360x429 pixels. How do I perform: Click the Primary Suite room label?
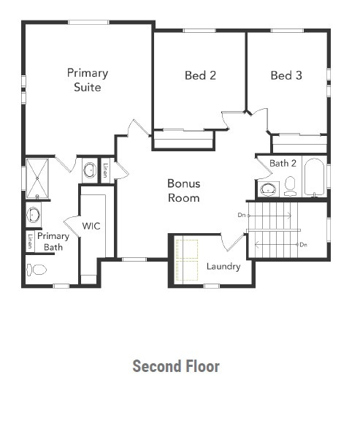[88, 80]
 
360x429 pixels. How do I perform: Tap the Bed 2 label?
[200, 75]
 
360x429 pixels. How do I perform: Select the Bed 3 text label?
[286, 75]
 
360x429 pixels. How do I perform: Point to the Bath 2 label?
[283, 163]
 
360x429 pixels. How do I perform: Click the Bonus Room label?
[183, 191]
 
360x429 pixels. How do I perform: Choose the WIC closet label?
[91, 226]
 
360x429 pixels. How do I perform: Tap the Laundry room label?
[223, 266]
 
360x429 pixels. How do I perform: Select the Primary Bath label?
[53, 242]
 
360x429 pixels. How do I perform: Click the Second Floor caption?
[176, 366]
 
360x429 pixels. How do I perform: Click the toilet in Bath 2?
[290, 184]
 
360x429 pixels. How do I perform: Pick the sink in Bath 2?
[269, 189]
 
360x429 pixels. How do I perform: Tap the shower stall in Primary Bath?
[36, 178]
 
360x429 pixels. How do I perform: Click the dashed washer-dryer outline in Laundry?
[187, 260]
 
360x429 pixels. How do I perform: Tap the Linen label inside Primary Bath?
[30, 241]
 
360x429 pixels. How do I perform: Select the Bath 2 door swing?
[261, 171]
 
